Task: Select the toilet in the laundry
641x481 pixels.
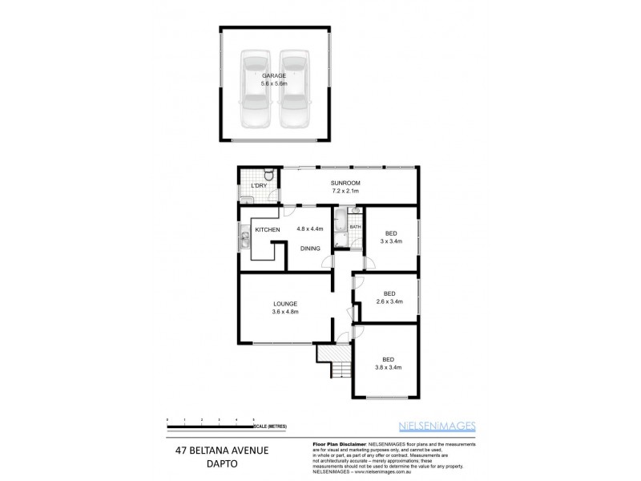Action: coord(270,176)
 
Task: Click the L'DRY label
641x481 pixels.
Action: coord(258,186)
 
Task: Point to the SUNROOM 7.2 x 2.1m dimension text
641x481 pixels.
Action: coord(345,192)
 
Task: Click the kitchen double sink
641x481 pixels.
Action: coord(242,237)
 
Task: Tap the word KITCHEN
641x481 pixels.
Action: coord(267,230)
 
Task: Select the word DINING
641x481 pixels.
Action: coord(311,249)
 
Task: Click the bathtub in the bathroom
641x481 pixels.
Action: coord(340,229)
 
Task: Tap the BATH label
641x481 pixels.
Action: coord(355,227)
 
